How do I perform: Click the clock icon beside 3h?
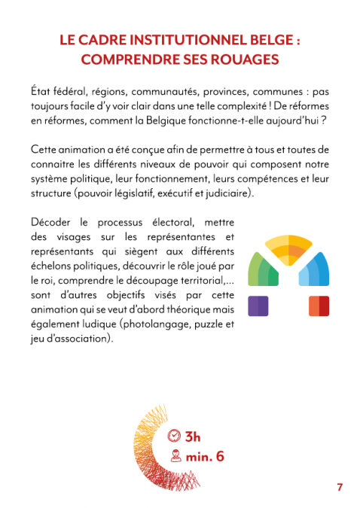[x=174, y=436]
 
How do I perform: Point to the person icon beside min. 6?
[x=175, y=455]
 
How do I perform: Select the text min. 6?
[x=206, y=455]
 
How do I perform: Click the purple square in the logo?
[x=258, y=306]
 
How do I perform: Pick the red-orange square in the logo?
[x=319, y=306]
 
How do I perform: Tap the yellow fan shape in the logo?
[x=288, y=251]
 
